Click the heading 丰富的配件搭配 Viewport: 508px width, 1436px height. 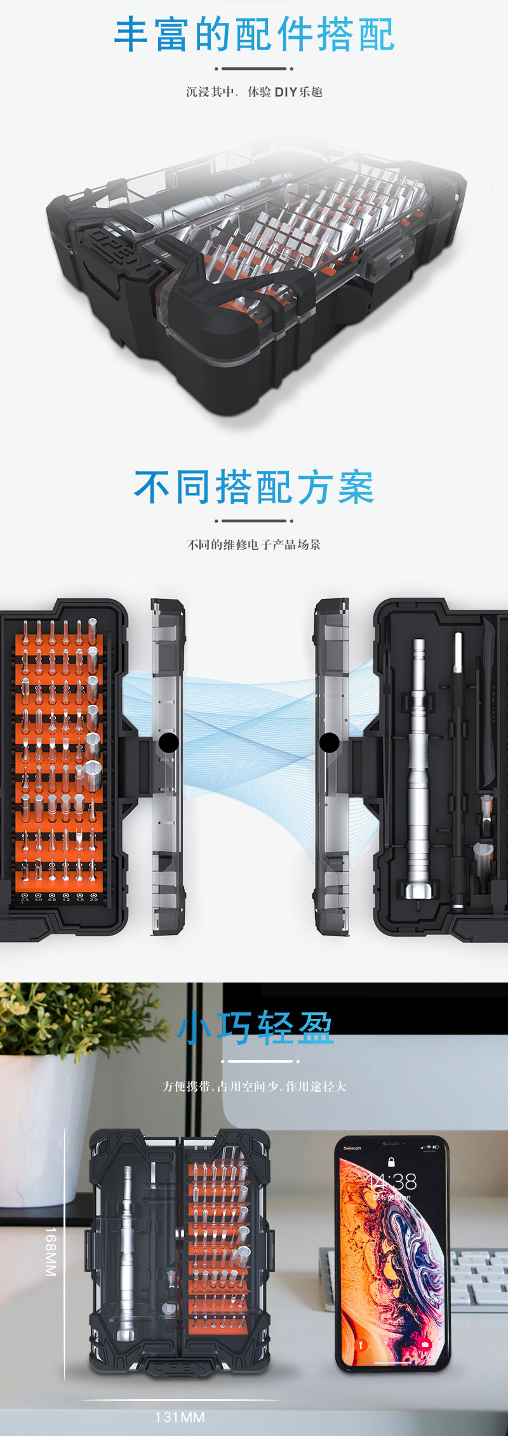(254, 36)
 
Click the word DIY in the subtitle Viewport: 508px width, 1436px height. (286, 92)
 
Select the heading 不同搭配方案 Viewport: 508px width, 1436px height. (254, 488)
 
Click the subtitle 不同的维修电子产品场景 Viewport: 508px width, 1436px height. (254, 544)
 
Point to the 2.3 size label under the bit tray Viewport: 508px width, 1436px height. (25, 899)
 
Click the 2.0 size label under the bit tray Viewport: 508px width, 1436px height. (94, 899)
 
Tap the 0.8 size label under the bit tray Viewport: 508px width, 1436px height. (52, 899)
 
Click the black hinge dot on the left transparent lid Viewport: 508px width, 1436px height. (168, 742)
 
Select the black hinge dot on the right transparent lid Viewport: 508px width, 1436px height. (329, 742)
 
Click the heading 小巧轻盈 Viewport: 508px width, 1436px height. (255, 1028)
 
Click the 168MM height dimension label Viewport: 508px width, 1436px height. (51, 1251)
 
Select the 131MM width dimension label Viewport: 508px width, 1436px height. (180, 1417)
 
